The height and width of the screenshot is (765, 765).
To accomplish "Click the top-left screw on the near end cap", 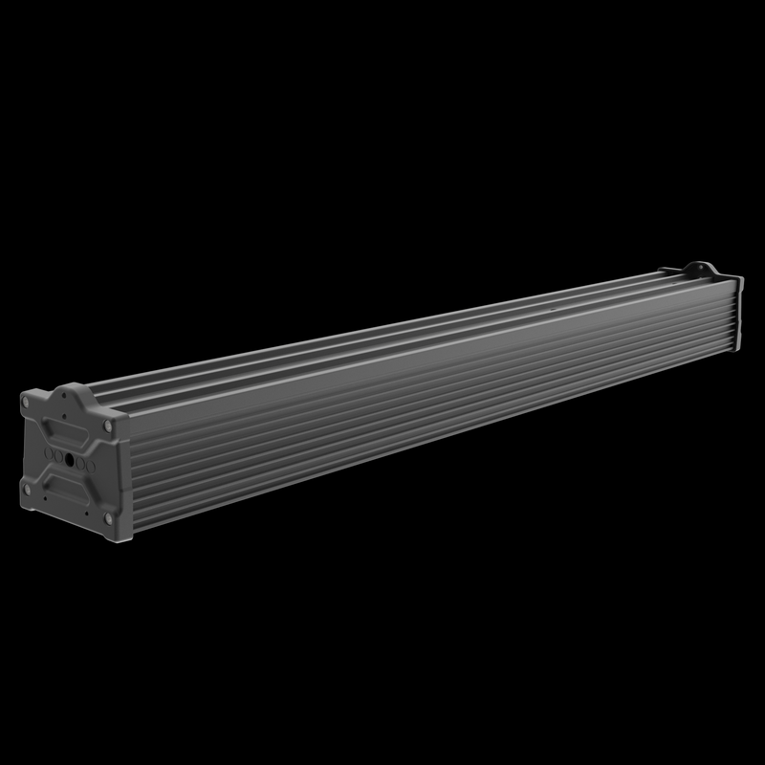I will (x=26, y=403).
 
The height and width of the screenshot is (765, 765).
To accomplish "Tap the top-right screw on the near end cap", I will (x=108, y=426).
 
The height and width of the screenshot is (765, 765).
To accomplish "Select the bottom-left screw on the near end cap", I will (x=27, y=490).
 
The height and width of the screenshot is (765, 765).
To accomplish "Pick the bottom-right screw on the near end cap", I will (x=108, y=519).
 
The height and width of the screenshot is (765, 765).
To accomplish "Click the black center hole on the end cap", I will (x=69, y=459).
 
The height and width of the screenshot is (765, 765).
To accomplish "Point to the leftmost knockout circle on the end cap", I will (x=48, y=453).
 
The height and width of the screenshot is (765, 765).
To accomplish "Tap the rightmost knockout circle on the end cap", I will (x=91, y=467).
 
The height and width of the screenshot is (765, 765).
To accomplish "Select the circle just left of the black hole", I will (x=58, y=456).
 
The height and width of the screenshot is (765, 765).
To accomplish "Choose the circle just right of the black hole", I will (x=80, y=463).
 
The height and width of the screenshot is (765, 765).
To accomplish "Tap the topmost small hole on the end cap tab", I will (x=64, y=395).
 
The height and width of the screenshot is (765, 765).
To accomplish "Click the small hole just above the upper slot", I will (x=64, y=416).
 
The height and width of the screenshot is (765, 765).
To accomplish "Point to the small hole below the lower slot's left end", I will (x=45, y=498).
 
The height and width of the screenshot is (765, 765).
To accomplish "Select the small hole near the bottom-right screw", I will (x=86, y=514).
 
